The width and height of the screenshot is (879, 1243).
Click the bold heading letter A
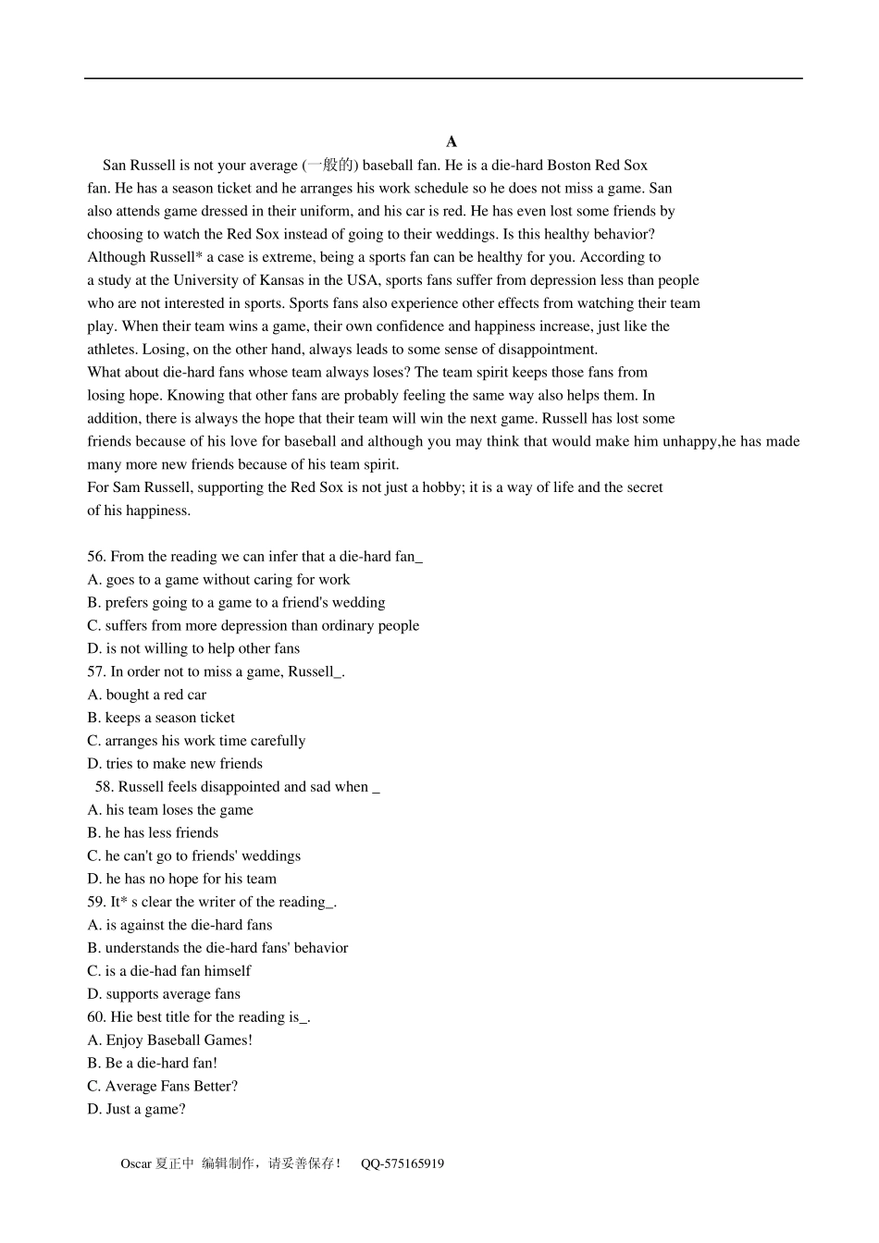tap(452, 142)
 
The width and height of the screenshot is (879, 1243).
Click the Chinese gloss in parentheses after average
tap(330, 166)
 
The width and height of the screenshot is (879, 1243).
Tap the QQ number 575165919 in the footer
tap(402, 1163)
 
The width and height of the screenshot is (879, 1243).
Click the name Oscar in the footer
tap(136, 1163)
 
